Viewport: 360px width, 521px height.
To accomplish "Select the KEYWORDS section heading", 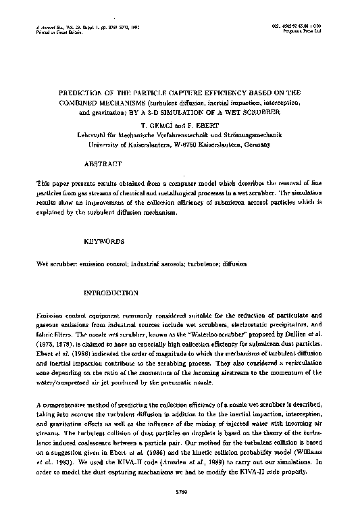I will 104,241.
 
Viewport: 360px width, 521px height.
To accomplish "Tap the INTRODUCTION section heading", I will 111,293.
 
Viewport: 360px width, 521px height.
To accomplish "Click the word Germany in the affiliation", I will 257,144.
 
